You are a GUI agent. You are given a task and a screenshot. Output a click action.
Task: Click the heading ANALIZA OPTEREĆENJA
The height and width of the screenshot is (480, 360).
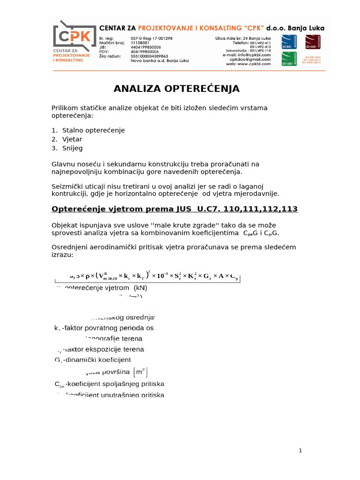point(177,89)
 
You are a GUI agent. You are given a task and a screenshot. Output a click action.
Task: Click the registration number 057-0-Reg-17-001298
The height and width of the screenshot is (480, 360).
point(151,38)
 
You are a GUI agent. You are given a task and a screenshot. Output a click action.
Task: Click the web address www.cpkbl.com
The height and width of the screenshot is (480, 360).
point(255,64)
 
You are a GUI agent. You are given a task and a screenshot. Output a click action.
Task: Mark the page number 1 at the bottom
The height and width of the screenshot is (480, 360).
point(300,450)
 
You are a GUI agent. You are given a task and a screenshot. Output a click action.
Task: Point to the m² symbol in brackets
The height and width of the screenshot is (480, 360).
point(140,372)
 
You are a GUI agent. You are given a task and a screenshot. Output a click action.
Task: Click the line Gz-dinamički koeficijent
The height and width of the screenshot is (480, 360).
point(93,360)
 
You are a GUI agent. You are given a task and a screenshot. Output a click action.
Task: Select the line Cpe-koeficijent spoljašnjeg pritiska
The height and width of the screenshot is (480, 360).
point(110,384)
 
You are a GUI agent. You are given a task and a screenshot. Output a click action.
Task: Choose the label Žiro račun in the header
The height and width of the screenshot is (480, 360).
point(110,56)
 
